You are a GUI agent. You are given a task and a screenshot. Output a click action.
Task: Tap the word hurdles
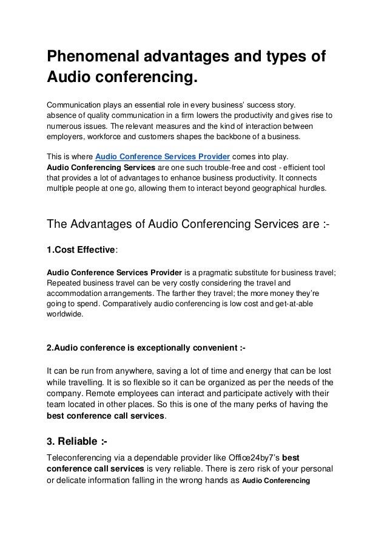pyautogui.click(x=310, y=188)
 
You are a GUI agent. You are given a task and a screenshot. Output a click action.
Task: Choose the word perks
pyautogui.click(x=269, y=405)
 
